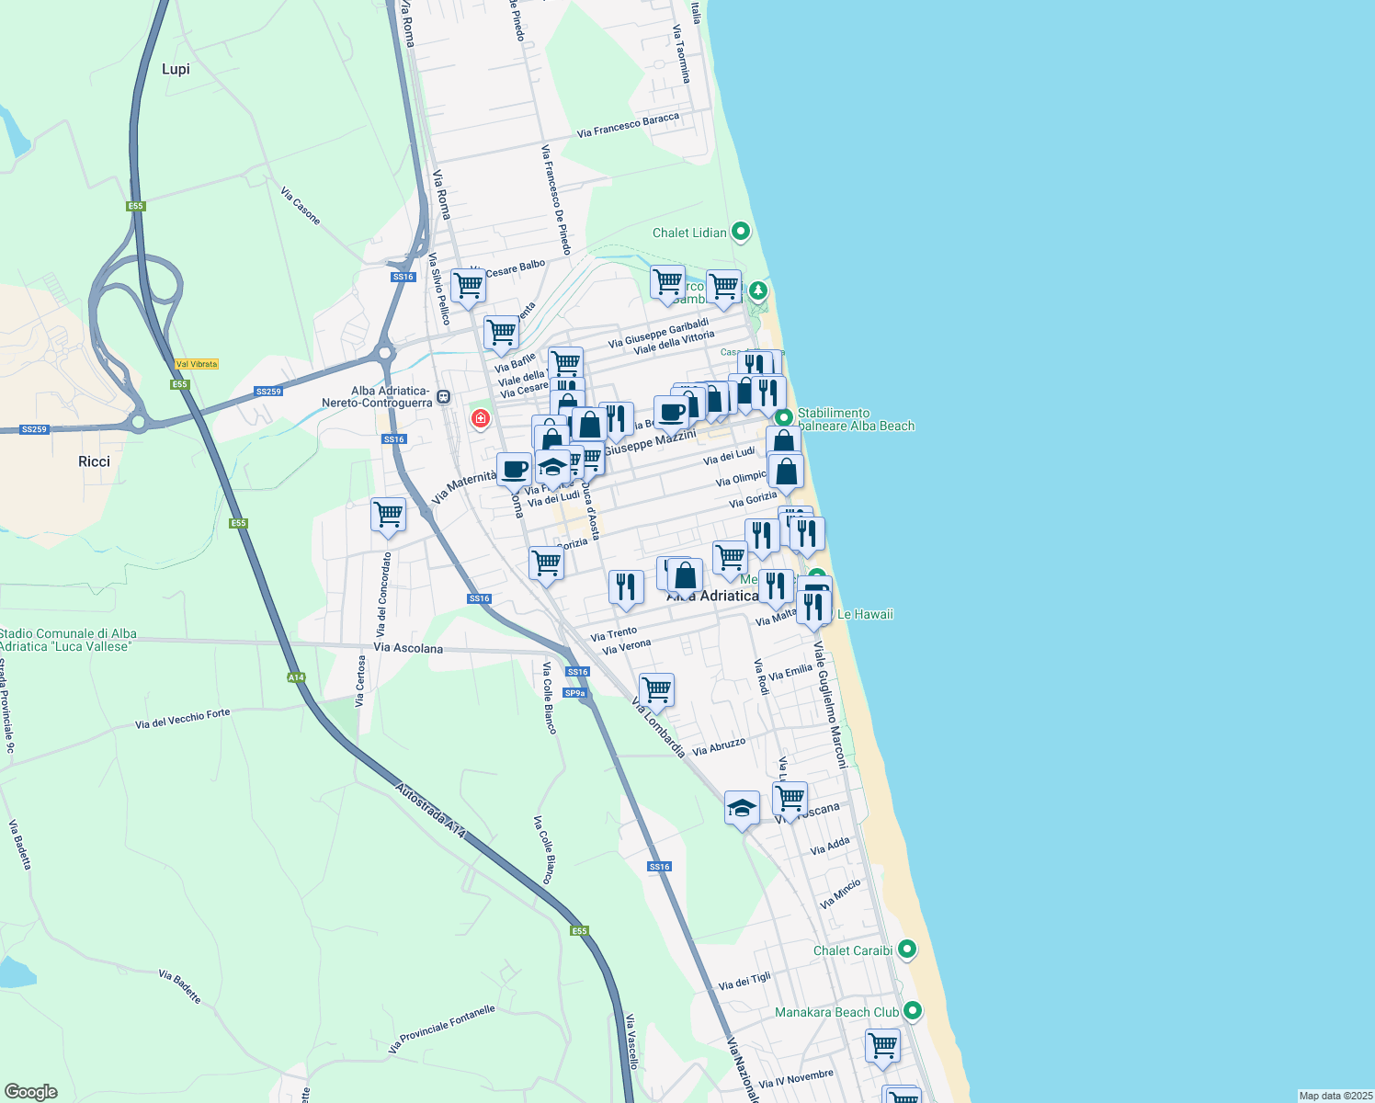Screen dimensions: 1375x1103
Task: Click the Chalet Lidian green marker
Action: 741,232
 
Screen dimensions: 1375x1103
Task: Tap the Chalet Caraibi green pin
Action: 907,949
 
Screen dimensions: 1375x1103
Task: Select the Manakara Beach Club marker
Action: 912,1011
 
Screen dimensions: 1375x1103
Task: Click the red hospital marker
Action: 480,419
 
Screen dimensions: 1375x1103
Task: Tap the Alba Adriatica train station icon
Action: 444,397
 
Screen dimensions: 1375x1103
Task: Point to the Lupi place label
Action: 176,69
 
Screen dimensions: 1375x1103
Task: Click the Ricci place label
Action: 94,461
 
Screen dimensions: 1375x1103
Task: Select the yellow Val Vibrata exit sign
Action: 197,364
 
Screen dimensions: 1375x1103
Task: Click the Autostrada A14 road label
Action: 430,810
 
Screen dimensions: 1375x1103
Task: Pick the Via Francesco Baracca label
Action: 628,126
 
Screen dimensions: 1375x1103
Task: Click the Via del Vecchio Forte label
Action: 182,718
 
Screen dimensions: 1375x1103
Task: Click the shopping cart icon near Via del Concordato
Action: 388,514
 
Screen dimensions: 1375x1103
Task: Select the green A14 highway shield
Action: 296,677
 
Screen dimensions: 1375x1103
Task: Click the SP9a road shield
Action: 574,693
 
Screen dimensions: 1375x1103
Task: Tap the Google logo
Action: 30,1092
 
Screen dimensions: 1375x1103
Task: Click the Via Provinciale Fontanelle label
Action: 441,1029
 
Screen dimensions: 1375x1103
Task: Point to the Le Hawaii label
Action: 865,614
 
